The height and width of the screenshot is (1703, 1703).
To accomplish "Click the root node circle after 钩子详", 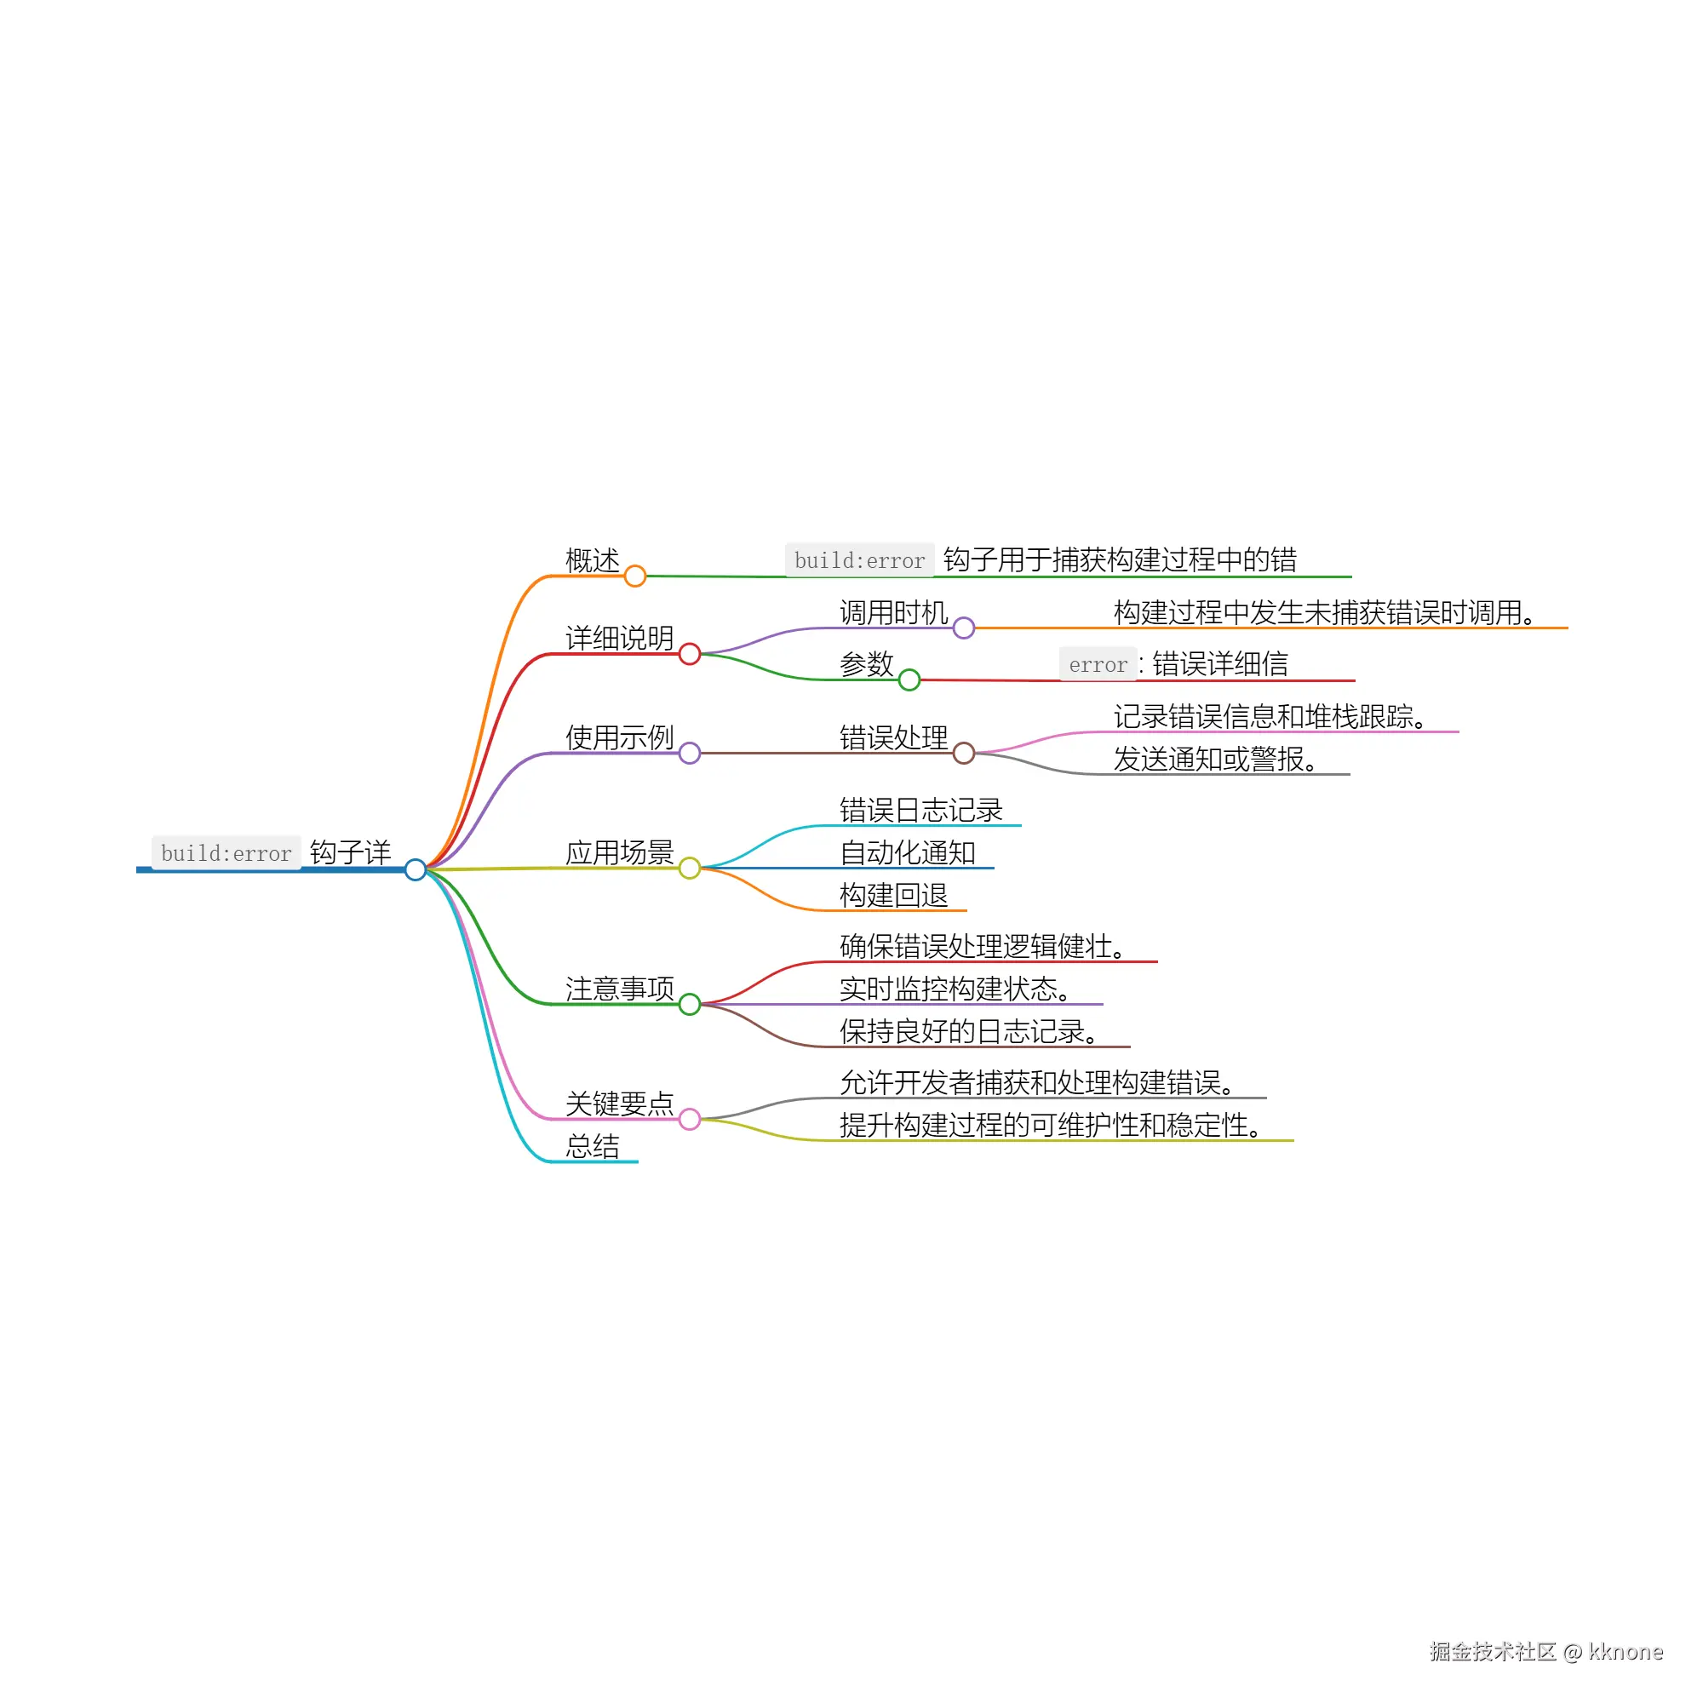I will point(416,870).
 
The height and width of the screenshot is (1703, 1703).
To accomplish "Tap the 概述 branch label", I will point(593,559).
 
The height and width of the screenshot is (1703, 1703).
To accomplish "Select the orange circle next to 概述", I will point(634,576).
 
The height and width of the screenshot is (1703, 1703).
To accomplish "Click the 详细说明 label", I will point(619,637).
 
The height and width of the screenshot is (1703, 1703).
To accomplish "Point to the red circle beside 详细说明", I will point(690,654).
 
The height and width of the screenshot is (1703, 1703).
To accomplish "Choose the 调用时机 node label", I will point(893,611).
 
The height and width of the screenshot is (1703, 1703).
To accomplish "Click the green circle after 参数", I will point(909,679).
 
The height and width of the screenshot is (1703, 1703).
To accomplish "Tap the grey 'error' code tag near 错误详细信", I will point(1098,665).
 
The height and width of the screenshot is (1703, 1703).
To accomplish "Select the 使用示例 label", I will point(619,737).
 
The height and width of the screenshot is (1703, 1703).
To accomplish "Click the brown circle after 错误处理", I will point(963,753).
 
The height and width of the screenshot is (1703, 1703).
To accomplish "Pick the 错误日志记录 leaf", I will point(920,810).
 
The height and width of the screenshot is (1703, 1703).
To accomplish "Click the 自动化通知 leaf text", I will point(907,852).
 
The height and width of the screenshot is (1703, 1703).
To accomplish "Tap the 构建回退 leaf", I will point(893,895).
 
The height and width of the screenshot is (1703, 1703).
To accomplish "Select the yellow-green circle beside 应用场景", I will point(690,869).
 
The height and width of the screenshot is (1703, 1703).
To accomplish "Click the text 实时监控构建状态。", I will point(955,989).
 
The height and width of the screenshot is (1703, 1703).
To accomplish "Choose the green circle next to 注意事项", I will point(690,1004).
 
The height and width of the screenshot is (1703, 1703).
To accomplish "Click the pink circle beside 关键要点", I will point(690,1119).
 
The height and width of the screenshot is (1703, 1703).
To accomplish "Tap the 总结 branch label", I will point(593,1146).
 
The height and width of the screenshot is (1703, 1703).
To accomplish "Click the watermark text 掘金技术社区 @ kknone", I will point(1545,1651).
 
